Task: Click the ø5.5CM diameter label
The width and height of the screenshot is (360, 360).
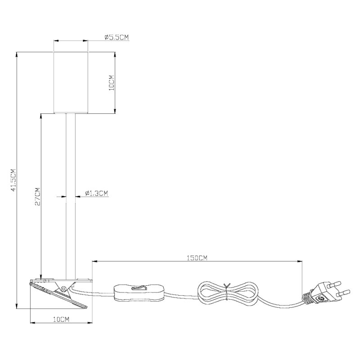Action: [117, 37]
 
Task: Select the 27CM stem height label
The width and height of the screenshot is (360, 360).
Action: [37, 197]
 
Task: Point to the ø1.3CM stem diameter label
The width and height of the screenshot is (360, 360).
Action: [96, 193]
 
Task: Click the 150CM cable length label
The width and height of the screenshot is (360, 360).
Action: [197, 258]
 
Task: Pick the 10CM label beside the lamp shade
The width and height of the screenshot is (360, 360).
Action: [112, 83]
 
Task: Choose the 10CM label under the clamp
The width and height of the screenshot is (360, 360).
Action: [61, 319]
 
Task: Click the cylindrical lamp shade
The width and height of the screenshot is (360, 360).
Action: [71, 83]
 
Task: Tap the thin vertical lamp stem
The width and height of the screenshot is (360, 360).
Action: [71, 196]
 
